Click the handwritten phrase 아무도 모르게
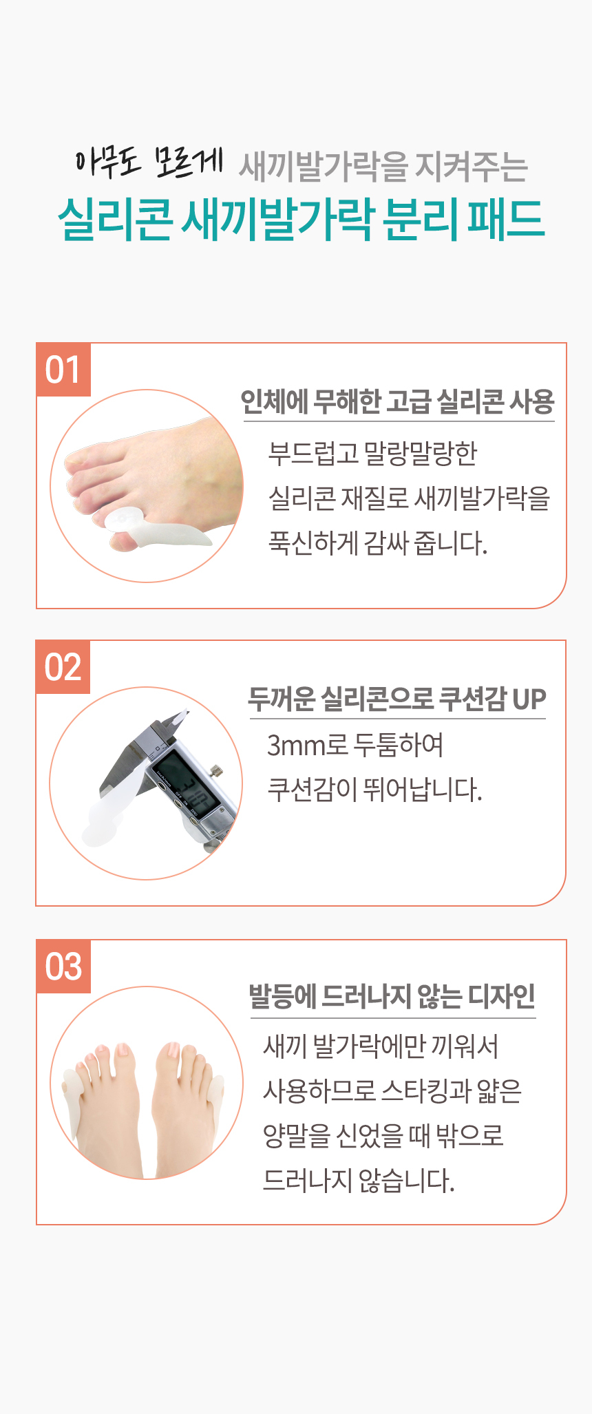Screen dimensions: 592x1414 pos(149,162)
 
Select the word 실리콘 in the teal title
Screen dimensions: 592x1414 pos(114,220)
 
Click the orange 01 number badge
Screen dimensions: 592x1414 pos(63,370)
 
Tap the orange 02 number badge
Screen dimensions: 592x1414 pos(63,667)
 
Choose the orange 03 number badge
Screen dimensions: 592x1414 pos(63,967)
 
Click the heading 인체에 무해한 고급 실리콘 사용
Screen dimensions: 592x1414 pos(397,401)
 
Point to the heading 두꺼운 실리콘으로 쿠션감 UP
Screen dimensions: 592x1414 pos(397,699)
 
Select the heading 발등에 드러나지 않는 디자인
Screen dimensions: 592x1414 pos(392,996)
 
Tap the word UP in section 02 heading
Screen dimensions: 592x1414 pos(529,699)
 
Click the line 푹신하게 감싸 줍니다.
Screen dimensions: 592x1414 pos(378,543)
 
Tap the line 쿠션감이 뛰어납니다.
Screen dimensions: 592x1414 pos(374,790)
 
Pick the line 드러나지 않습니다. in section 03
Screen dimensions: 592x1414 pos(359,1181)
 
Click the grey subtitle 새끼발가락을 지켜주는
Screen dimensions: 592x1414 pos(383,167)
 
